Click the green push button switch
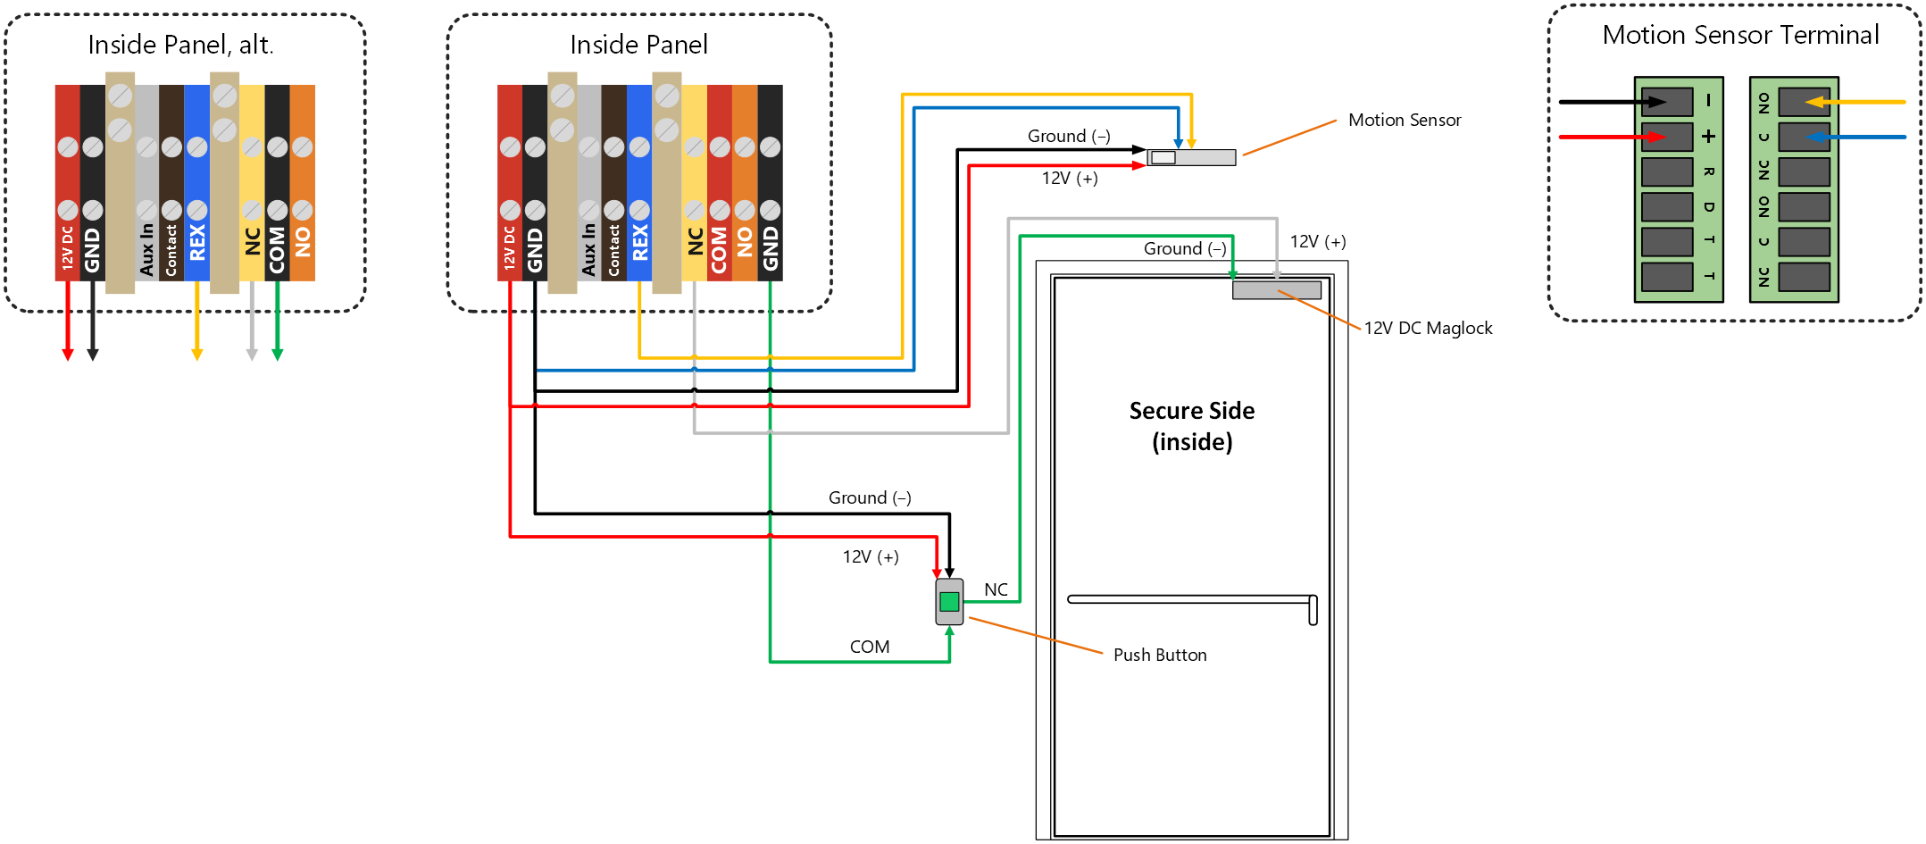point(949,601)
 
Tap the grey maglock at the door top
point(1277,290)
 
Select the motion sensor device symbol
point(1191,157)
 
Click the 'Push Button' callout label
point(1160,655)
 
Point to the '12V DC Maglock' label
point(1428,328)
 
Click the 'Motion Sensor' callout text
point(1405,120)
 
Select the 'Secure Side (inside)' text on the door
point(1192,426)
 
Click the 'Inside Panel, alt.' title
point(180,45)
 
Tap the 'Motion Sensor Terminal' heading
point(1740,35)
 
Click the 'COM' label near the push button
point(870,647)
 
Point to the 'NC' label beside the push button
point(996,589)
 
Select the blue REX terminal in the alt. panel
point(197,183)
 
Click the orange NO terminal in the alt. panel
point(303,183)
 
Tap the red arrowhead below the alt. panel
point(68,355)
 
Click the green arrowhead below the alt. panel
point(278,355)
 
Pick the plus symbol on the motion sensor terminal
point(1708,137)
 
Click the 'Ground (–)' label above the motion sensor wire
point(1069,136)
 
